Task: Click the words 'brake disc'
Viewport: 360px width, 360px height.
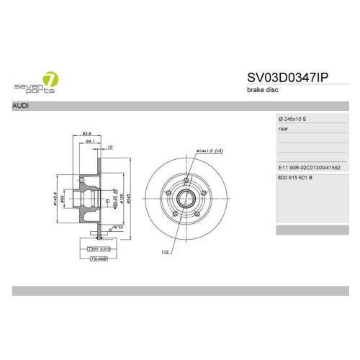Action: (264, 90)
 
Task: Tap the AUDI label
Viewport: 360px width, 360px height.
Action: (21, 106)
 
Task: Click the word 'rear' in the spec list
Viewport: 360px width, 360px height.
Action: (283, 129)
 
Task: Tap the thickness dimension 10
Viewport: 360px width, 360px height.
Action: (109, 148)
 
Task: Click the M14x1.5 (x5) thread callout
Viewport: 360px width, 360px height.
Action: (209, 151)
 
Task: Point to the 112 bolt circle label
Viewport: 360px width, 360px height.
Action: (165, 252)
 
